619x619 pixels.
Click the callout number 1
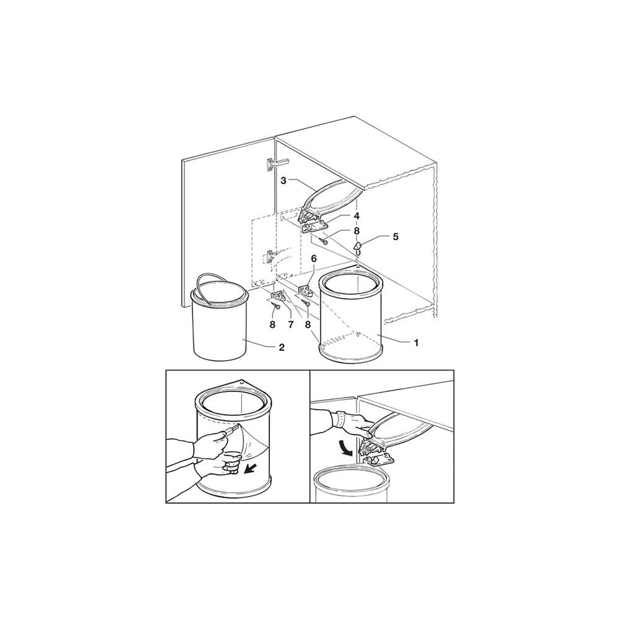pos(416,343)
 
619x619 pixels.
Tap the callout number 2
pos(282,347)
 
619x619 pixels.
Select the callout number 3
pos(283,181)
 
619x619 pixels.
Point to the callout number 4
pos(357,216)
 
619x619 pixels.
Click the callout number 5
pos(395,236)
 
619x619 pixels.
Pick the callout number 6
pos(314,270)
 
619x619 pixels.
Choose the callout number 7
pos(290,324)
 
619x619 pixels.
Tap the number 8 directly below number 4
pos(357,230)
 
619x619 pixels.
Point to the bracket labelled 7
pos(279,295)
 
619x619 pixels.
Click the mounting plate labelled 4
pos(314,227)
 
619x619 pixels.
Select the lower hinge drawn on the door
pos(270,257)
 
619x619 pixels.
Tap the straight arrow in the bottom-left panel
pos(250,469)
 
